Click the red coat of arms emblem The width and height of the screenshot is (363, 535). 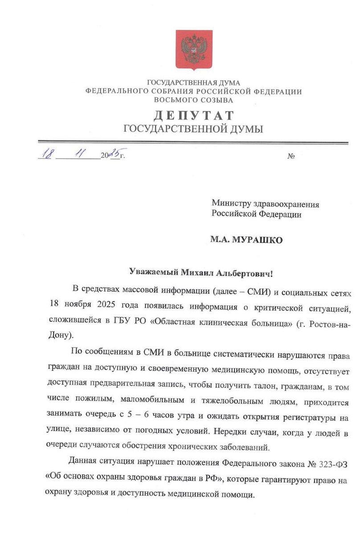click(x=193, y=49)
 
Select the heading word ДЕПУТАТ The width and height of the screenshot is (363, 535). click(x=194, y=115)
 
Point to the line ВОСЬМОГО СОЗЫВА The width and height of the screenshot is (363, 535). click(x=194, y=100)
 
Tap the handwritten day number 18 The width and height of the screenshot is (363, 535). click(x=46, y=154)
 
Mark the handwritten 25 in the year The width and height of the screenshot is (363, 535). click(x=115, y=154)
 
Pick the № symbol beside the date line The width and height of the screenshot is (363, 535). click(x=292, y=156)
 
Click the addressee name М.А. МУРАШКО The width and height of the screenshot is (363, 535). click(x=246, y=239)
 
